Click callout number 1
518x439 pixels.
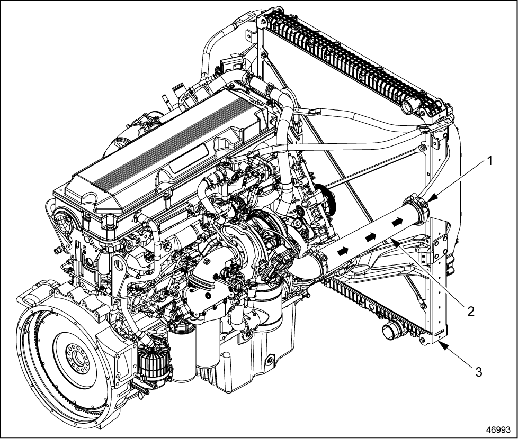[489, 161]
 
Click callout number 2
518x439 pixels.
[470, 311]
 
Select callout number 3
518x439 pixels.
[478, 372]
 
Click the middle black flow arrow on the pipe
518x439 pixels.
[371, 236]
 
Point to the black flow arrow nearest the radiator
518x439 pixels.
[397, 222]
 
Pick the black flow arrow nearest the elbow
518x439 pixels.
[343, 251]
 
